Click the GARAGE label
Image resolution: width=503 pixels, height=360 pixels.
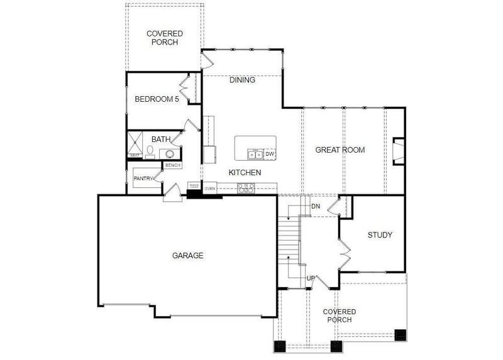[187, 256]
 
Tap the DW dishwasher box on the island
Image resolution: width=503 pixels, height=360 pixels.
[270, 154]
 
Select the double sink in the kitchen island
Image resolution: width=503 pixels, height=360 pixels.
[255, 155]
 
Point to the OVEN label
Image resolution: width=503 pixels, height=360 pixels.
[210, 188]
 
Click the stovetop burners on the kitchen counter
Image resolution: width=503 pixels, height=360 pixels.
[245, 187]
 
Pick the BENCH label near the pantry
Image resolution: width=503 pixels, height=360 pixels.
[172, 165]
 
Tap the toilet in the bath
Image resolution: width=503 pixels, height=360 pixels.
[150, 151]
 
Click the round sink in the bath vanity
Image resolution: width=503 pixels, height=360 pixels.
[170, 153]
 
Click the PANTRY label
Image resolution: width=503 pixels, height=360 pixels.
[144, 179]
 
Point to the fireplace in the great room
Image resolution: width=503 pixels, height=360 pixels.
[397, 151]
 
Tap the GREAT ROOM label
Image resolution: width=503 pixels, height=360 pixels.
[340, 150]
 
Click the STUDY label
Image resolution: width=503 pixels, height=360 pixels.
[380, 235]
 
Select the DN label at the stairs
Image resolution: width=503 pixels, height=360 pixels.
[316, 206]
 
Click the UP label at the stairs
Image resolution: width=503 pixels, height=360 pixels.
[311, 278]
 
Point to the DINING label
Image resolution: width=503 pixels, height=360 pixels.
[242, 80]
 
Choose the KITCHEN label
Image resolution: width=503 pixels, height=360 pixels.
[245, 172]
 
